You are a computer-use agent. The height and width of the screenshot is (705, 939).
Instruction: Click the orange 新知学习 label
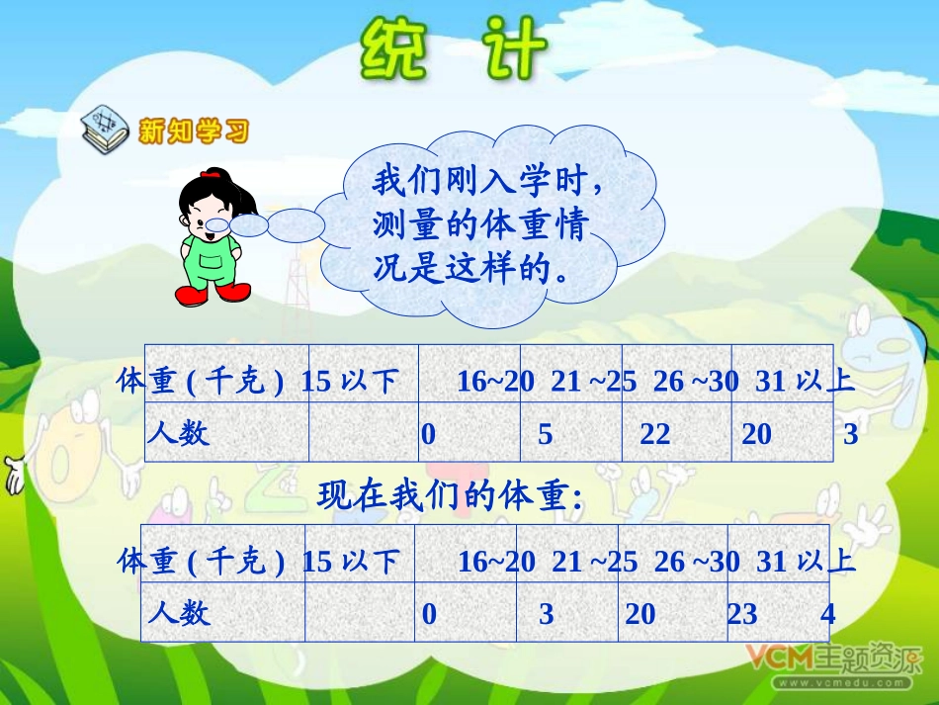pos(194,131)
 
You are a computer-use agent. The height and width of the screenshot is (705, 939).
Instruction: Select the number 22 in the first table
pos(654,434)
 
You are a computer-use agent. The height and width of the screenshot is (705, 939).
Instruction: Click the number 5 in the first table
pos(545,434)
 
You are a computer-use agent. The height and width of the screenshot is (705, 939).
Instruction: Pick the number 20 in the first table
pos(756,434)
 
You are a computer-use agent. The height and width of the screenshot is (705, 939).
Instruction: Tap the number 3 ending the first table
pos(850,434)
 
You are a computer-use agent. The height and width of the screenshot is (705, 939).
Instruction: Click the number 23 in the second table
pos(742,614)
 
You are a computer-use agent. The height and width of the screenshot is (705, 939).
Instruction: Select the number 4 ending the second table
pos(827,614)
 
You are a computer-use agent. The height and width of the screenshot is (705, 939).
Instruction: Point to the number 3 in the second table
pos(546,614)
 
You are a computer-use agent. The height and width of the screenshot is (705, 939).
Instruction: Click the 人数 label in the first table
pos(179,433)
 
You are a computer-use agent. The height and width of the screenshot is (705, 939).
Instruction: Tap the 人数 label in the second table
pos(179,613)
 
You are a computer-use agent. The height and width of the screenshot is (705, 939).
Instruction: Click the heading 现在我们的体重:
pos(450,496)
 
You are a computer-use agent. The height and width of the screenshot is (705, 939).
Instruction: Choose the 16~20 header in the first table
pos(495,382)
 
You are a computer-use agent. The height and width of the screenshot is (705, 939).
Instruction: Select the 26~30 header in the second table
pos(697,562)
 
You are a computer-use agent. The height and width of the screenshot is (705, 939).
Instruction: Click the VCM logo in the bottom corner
pos(781,657)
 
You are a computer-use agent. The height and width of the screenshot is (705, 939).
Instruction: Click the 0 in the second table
pos(429,614)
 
